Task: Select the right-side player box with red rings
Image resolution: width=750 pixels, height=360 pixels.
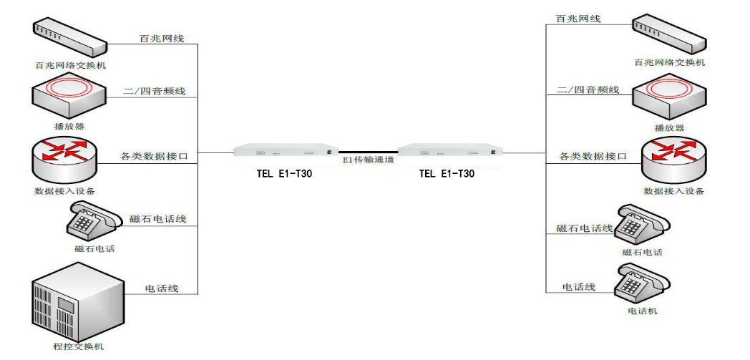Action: tap(668, 98)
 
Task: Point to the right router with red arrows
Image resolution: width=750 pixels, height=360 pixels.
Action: tap(673, 160)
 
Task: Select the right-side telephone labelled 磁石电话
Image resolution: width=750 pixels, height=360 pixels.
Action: tap(641, 225)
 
